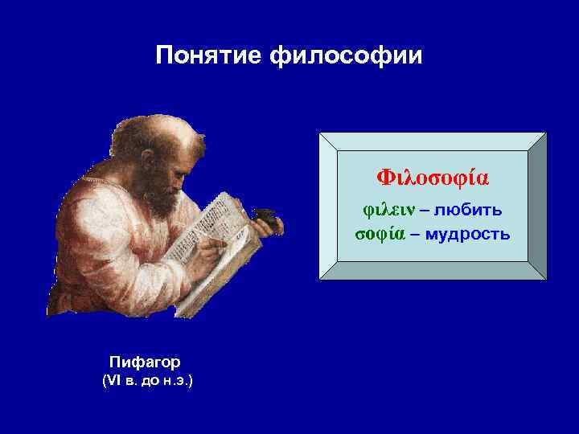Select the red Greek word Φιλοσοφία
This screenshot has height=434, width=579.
pos(433,176)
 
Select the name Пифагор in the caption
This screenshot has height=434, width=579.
pos(145,362)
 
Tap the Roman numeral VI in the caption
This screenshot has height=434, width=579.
pos(111,379)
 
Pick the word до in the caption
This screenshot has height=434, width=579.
pos(151,379)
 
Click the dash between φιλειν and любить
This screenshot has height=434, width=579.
pos(425,211)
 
